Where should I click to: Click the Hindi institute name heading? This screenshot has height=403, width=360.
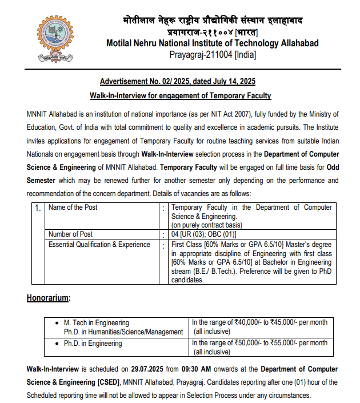(x=213, y=21)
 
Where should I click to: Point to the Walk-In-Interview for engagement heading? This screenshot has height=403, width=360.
(x=180, y=95)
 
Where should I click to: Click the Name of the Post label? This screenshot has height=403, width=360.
(x=73, y=208)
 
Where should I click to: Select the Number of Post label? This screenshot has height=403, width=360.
(x=71, y=234)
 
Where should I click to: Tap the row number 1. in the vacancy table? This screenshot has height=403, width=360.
(x=38, y=208)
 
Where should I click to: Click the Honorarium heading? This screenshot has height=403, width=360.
(x=49, y=298)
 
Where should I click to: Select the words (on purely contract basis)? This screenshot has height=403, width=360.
(x=207, y=225)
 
